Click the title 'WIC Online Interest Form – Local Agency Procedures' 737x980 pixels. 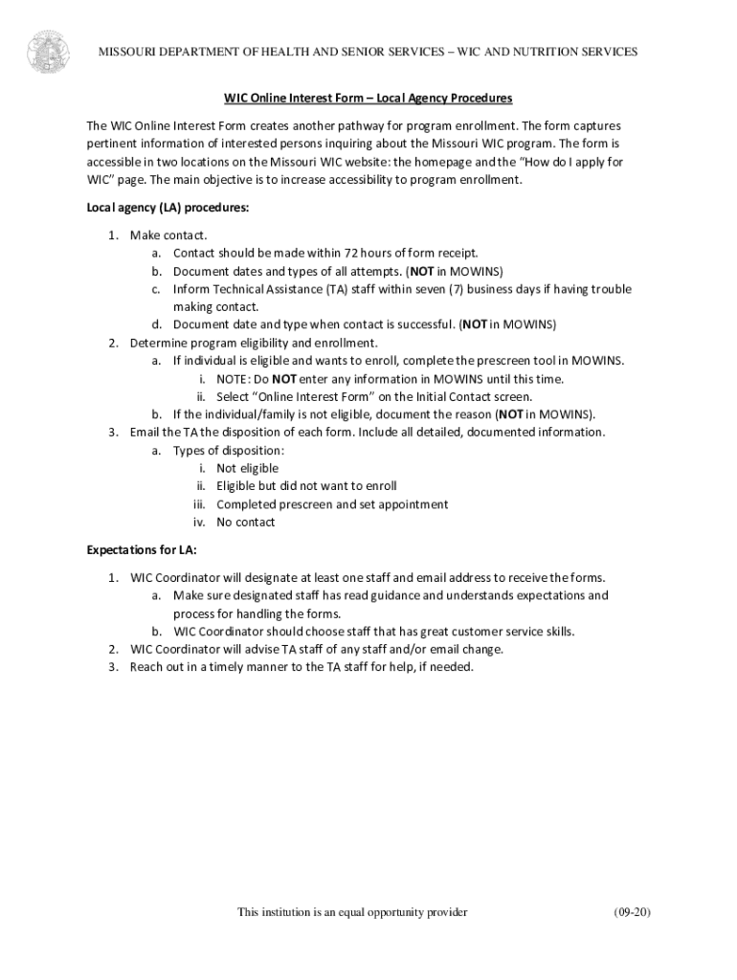pos(368,99)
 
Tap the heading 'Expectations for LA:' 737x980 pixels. pos(142,550)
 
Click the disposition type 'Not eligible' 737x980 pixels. pos(247,469)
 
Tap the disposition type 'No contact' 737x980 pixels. pos(245,523)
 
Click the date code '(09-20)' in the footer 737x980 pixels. pos(632,912)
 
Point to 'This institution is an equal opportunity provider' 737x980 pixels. pos(352,912)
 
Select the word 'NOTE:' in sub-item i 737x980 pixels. pos(234,379)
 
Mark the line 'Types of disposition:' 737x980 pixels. pos(229,451)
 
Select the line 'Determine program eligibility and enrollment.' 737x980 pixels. pos(254,343)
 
